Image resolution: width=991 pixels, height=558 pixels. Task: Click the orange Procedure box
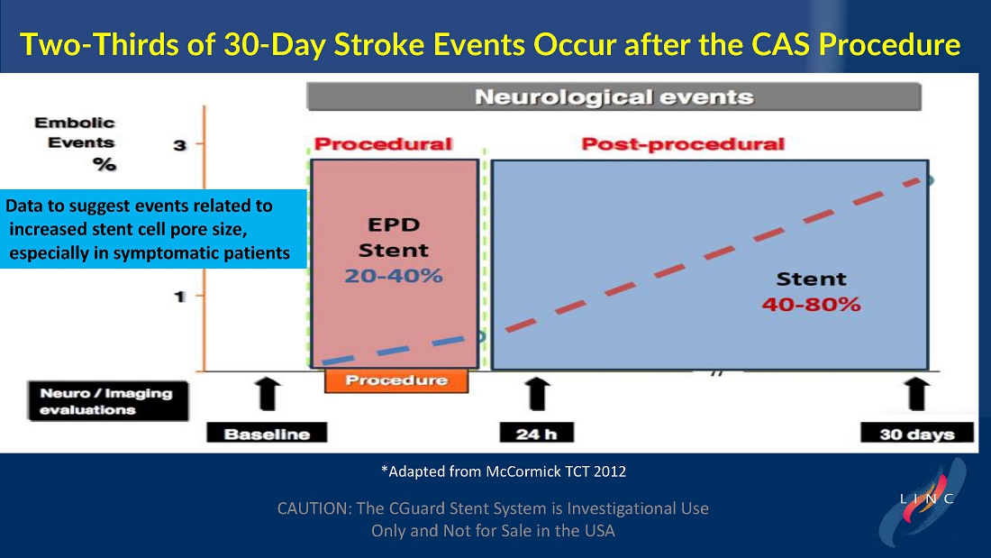point(396,380)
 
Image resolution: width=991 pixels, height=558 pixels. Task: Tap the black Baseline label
point(267,434)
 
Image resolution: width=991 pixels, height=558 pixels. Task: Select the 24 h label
point(537,434)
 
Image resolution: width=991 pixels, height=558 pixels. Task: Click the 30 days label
point(917,434)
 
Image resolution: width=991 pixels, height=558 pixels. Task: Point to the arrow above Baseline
point(268,394)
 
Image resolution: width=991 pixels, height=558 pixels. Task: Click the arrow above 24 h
point(537,394)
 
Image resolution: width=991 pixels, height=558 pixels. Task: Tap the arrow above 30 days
point(917,394)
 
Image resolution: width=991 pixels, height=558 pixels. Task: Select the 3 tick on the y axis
point(180,145)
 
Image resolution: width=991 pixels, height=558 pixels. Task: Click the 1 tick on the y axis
point(180,296)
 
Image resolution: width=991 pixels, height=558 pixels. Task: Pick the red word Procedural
point(383,144)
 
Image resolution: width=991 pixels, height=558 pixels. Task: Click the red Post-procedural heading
point(683,144)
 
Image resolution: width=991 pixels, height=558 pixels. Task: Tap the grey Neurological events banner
point(614,96)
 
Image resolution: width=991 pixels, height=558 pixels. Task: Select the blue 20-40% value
point(393,276)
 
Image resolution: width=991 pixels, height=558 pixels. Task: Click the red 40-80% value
point(811,305)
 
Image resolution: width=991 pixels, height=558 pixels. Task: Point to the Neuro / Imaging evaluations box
point(108,401)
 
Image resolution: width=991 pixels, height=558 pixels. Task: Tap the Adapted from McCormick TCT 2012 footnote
point(504,471)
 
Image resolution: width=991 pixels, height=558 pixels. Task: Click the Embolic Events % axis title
point(76,143)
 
